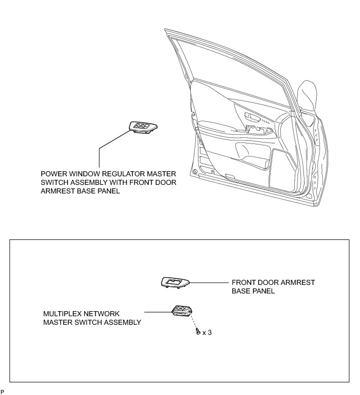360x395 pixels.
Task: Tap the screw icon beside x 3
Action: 196,332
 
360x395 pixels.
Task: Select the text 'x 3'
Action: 207,333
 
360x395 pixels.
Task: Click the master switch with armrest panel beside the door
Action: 143,127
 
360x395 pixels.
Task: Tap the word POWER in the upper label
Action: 54,173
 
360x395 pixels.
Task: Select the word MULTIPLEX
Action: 63,314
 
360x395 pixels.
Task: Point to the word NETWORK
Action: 104,314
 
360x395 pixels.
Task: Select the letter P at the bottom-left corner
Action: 3,391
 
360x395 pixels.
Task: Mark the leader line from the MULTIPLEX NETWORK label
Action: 157,312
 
